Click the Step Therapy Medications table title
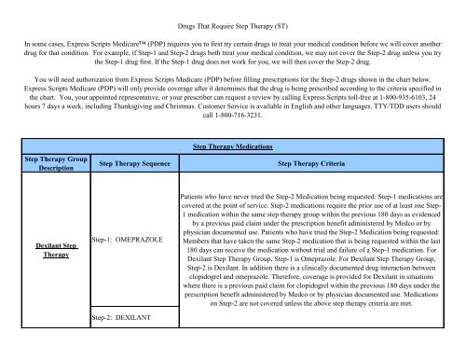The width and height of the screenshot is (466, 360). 231,147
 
